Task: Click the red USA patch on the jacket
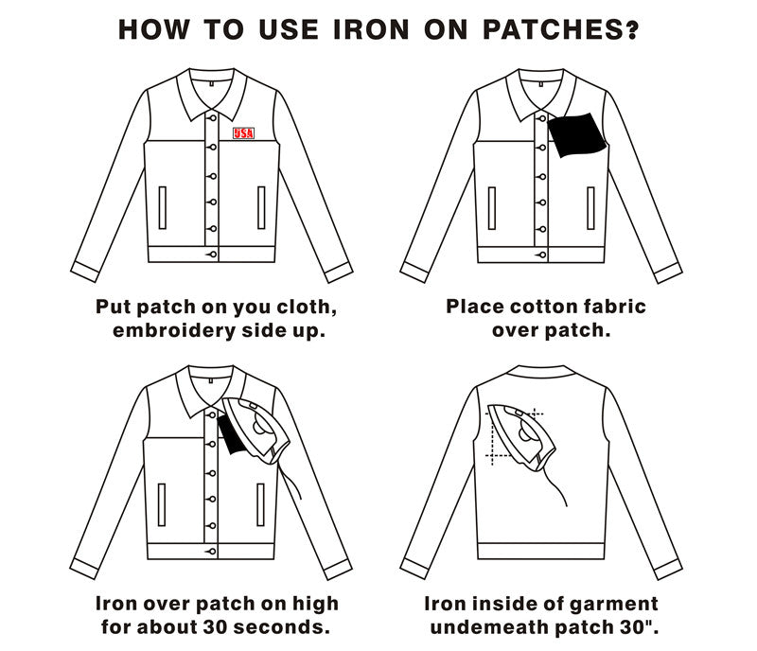click(244, 133)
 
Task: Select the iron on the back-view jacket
click(519, 432)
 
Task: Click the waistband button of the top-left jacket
click(213, 255)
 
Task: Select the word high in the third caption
click(315, 604)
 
